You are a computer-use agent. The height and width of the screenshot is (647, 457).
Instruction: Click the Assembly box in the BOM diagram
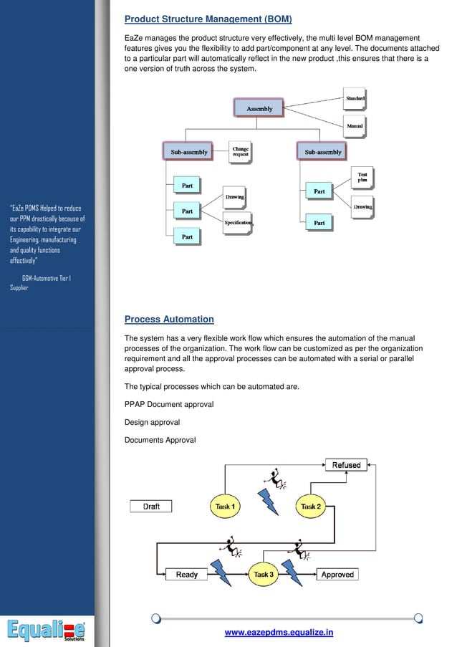click(x=259, y=108)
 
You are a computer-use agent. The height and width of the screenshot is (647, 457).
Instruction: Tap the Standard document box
click(x=355, y=99)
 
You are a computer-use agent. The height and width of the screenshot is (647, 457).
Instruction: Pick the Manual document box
click(x=355, y=126)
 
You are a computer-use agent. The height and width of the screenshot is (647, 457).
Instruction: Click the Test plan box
click(x=362, y=176)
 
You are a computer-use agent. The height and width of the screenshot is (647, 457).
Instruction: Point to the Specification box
click(x=238, y=223)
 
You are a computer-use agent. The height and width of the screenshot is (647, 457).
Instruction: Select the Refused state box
click(x=346, y=465)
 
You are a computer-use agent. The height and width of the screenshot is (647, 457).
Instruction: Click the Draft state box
click(x=151, y=507)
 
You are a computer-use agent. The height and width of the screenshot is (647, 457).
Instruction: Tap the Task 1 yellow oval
click(x=225, y=507)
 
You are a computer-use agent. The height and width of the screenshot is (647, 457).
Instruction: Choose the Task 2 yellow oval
click(x=311, y=507)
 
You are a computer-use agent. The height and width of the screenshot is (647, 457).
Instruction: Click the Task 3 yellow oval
click(x=263, y=574)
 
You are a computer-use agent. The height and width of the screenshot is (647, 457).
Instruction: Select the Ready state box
click(x=186, y=575)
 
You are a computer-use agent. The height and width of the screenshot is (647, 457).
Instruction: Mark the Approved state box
click(x=337, y=575)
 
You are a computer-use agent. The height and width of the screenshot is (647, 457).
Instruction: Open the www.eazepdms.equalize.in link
click(x=279, y=632)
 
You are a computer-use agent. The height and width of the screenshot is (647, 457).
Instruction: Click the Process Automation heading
click(x=169, y=320)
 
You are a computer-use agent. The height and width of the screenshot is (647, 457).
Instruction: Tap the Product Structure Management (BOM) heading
click(x=208, y=19)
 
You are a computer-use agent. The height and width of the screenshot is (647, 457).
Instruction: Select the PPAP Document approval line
click(x=169, y=404)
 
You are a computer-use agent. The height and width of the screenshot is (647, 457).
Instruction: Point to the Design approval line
click(x=152, y=422)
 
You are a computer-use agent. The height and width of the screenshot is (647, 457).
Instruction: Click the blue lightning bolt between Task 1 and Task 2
click(x=269, y=502)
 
